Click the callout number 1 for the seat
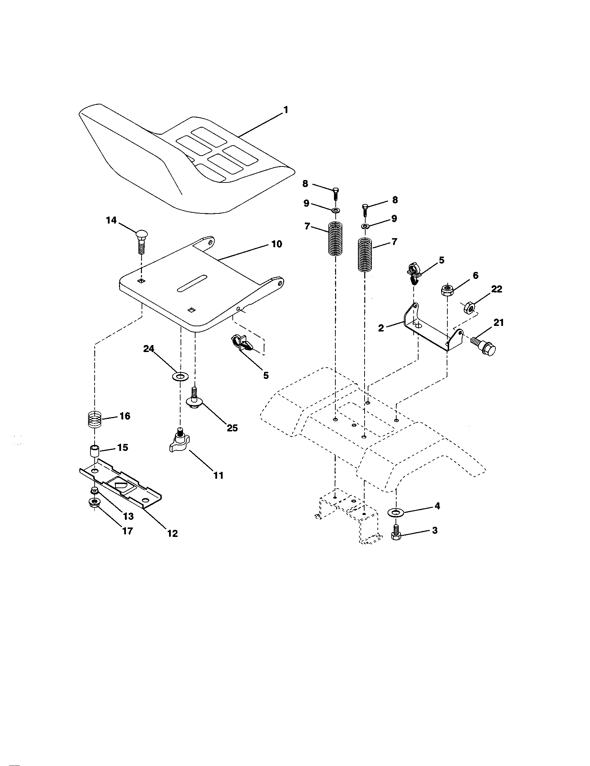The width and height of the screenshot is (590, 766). pos(286,110)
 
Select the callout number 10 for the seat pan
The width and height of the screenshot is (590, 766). pos(277,244)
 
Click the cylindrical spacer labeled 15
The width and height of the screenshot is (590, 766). pos(94,451)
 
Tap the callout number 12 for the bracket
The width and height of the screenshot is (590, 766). pos(173,533)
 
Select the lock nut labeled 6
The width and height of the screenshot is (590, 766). pos(447,290)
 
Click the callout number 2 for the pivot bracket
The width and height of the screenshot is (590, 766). pos(381,328)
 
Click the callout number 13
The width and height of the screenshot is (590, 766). pos(128,516)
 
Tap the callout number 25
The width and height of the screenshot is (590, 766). pos(232,428)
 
